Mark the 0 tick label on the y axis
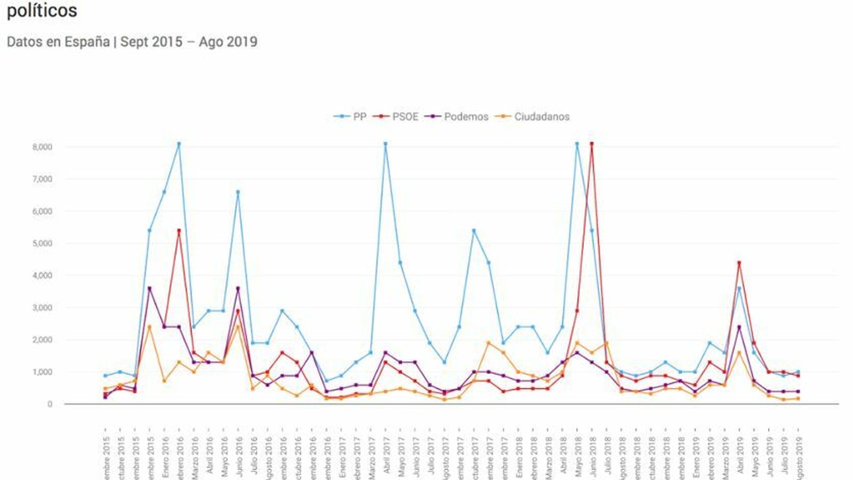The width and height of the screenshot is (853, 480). click(50, 404)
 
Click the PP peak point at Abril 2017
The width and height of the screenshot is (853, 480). click(385, 144)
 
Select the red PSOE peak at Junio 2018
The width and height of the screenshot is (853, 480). click(592, 144)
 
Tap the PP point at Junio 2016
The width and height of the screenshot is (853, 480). click(238, 192)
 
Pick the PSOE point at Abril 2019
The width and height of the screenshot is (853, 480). click(739, 263)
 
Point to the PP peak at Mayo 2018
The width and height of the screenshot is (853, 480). click(577, 144)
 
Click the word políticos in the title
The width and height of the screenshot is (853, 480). click(42, 10)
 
